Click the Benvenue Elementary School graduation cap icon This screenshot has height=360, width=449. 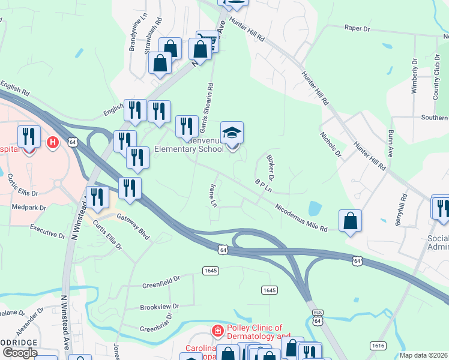point(232,133)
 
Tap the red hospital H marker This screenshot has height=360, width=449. point(53,142)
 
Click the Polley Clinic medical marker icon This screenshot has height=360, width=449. point(217,331)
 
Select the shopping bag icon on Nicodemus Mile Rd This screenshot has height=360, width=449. point(350,221)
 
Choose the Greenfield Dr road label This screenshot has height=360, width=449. point(161,280)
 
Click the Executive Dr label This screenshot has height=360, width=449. point(48,232)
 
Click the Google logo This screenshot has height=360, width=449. point(20,352)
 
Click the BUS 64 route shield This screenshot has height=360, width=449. point(318,317)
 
